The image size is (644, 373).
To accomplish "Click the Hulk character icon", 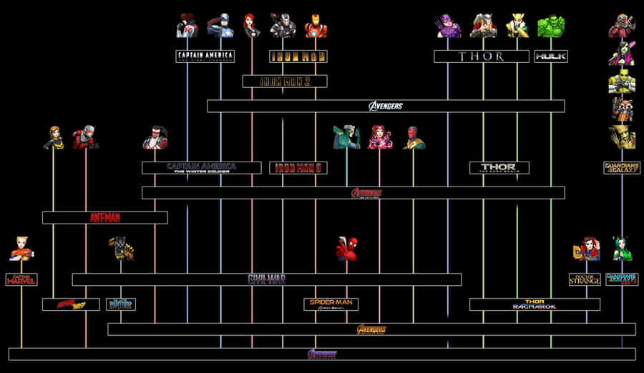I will [550, 26].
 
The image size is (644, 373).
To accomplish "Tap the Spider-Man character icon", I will [347, 249].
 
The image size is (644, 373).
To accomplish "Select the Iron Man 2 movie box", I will [284, 81].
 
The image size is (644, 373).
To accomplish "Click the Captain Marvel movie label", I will [21, 279].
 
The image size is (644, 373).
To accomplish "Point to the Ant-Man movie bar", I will [104, 217].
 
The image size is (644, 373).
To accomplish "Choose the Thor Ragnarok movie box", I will [534, 304].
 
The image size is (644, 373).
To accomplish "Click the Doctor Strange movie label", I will [585, 279].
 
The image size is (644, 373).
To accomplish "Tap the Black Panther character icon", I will [120, 248].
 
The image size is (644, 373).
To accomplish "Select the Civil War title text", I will [266, 279].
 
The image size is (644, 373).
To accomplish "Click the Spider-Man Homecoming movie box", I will [331, 304].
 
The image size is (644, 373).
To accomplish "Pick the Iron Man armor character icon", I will [316, 26].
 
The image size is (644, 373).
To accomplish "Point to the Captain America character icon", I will [220, 26].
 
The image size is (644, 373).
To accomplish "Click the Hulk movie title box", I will [551, 56].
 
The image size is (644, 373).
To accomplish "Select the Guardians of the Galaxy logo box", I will [621, 168].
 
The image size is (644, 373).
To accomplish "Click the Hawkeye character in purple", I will [449, 26].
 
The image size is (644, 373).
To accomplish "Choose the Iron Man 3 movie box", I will [298, 168].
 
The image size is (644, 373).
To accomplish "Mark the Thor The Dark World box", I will [499, 168].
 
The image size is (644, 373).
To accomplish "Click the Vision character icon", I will [413, 137].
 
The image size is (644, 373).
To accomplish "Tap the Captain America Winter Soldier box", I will [201, 168].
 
